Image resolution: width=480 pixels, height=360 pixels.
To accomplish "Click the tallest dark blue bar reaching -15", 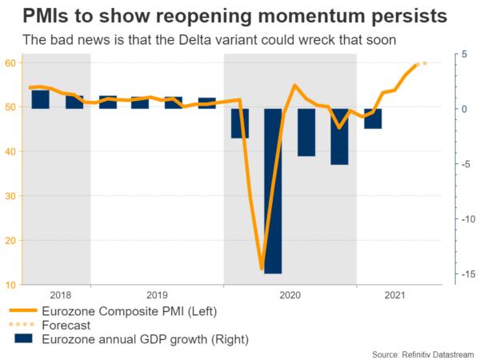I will [x=273, y=192].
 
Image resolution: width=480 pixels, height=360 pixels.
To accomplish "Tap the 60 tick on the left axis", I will [x=15, y=62].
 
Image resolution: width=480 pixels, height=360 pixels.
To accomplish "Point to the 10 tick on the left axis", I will [x=15, y=285].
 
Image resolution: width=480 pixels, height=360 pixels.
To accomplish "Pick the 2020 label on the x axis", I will [x=290, y=294].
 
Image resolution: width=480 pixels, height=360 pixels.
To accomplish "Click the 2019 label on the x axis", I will [x=157, y=294].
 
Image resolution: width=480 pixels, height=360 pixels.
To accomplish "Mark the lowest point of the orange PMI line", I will [x=262, y=270].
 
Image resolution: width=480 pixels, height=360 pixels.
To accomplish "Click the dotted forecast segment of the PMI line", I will [x=421, y=63].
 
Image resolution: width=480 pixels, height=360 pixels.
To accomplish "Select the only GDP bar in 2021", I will [x=373, y=118].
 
